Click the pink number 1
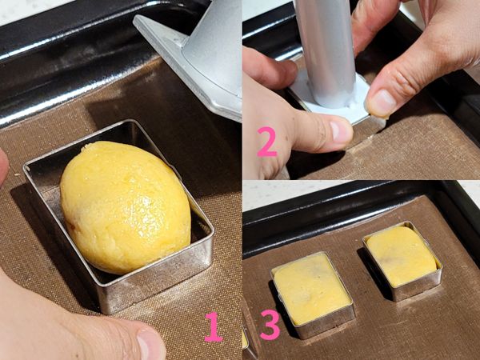[x=213, y=326]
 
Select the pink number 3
[x=269, y=325]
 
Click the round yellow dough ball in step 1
[x=124, y=206]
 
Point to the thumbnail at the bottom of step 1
[x=150, y=344]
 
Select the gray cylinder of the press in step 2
[x=323, y=48]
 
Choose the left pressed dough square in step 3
[x=311, y=287]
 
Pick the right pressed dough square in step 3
[x=401, y=256]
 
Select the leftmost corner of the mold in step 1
[x=26, y=168]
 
